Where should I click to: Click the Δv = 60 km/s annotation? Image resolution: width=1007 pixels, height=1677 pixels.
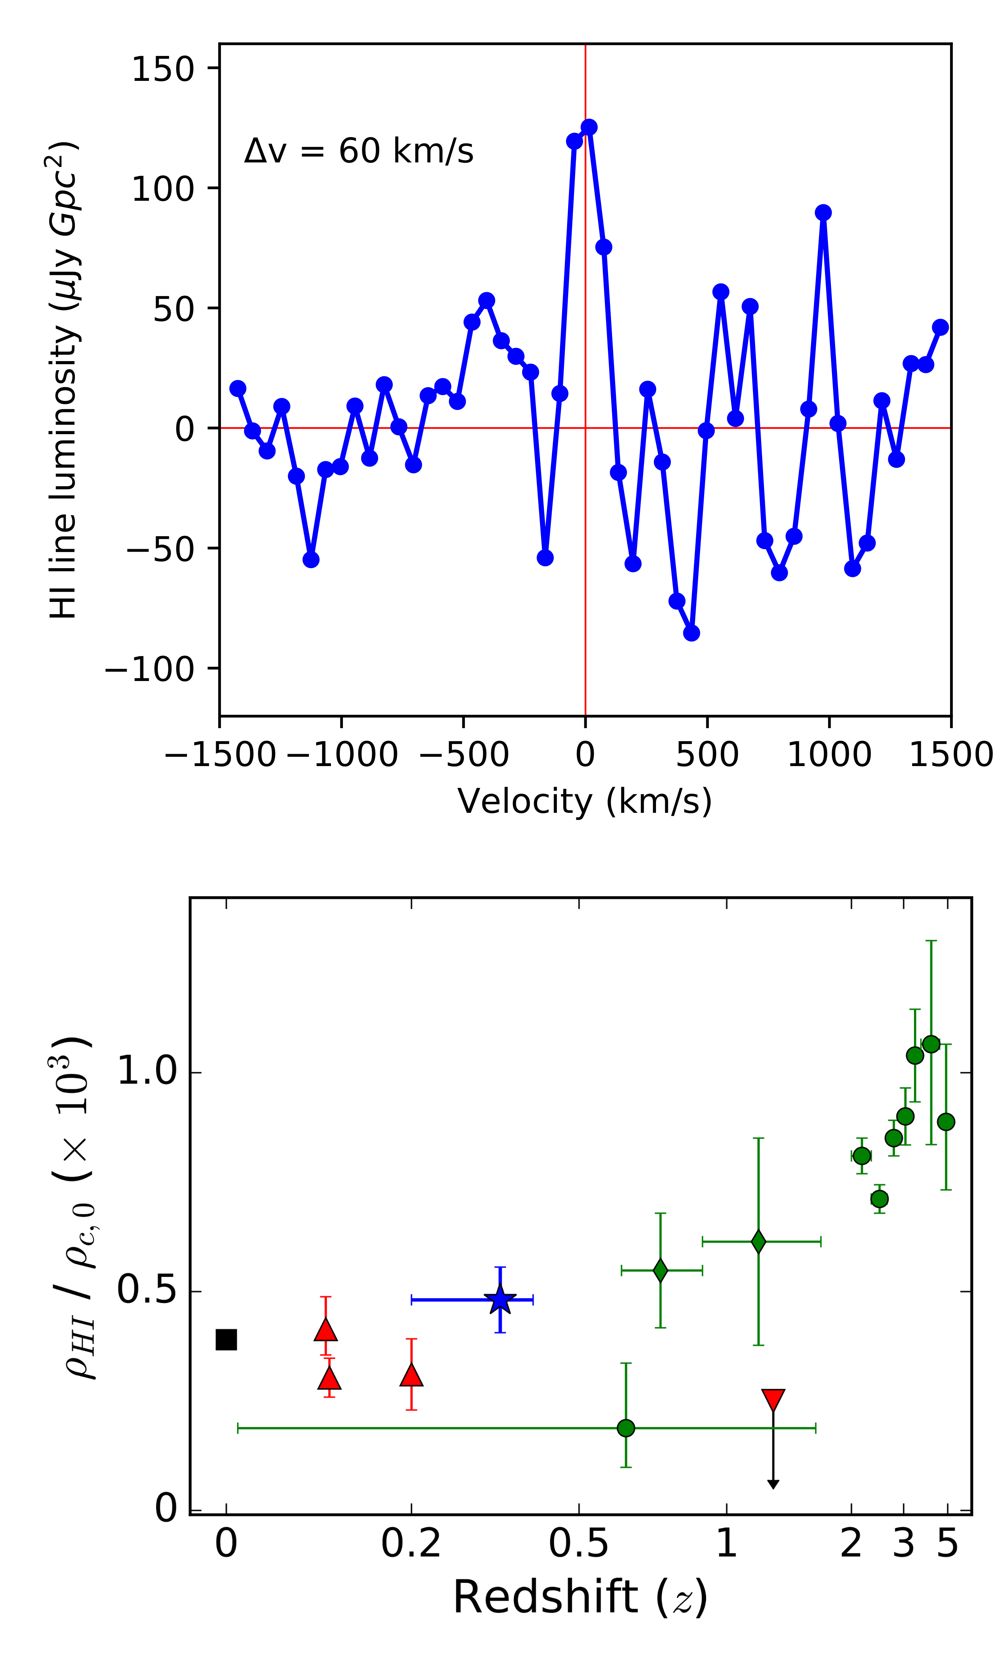(x=358, y=151)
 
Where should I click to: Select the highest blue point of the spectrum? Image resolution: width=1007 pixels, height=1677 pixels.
(x=589, y=127)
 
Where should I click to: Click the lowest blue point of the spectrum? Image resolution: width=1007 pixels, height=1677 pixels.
(x=691, y=633)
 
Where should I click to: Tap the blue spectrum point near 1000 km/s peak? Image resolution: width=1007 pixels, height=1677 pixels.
(x=823, y=212)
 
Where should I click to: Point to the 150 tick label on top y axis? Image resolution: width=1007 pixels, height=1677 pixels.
(x=163, y=69)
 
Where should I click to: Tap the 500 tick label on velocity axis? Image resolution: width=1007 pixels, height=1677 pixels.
(x=707, y=754)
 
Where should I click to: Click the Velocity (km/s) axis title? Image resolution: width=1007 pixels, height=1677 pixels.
(x=585, y=801)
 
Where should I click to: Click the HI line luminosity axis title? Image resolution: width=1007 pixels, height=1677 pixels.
(x=64, y=380)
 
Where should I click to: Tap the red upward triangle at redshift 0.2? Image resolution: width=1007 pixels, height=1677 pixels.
(x=411, y=1375)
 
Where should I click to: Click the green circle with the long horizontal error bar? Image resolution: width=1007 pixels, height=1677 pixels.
(x=626, y=1428)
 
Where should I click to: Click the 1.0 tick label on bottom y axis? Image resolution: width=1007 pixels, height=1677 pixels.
(x=147, y=1071)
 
